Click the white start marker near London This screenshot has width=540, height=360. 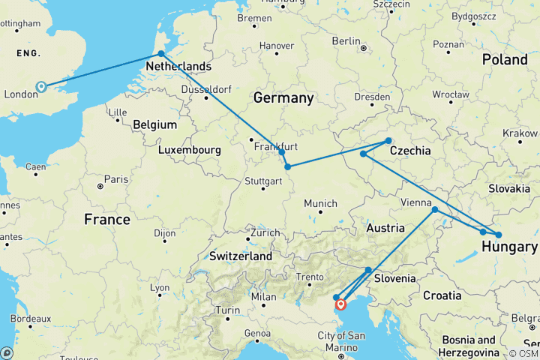(41, 87)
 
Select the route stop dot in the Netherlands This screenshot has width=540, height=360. (160, 54)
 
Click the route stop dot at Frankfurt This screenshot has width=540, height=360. (282, 152)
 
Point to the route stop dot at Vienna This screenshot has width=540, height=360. (435, 209)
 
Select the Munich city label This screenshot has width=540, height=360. (320, 203)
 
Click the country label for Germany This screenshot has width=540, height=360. (283, 98)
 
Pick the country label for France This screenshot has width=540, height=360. (106, 220)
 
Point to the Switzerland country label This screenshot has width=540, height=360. (240, 256)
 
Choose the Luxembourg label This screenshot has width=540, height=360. (189, 150)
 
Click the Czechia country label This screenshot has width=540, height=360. (409, 151)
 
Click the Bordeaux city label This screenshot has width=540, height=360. (31, 319)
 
